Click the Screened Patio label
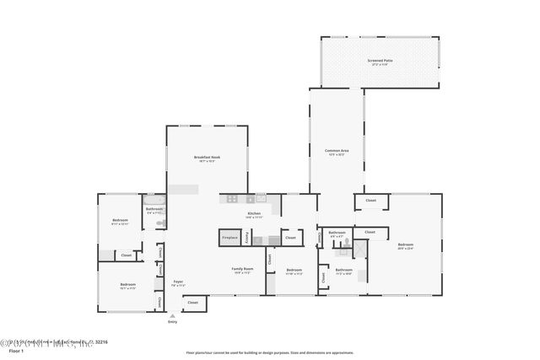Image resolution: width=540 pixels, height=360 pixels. [381, 61]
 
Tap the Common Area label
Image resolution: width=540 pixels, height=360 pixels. [337, 152]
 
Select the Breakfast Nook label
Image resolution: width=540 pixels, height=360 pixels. [207, 159]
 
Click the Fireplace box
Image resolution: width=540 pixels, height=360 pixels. [229, 239]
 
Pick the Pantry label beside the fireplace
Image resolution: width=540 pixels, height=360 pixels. [247, 239]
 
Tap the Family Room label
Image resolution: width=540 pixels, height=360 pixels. [243, 271]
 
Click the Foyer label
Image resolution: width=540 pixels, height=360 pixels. [178, 282]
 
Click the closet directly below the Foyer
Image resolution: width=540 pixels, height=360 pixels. [193, 302]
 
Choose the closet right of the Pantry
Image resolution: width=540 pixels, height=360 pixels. [289, 239]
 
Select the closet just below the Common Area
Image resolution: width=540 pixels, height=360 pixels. [370, 201]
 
